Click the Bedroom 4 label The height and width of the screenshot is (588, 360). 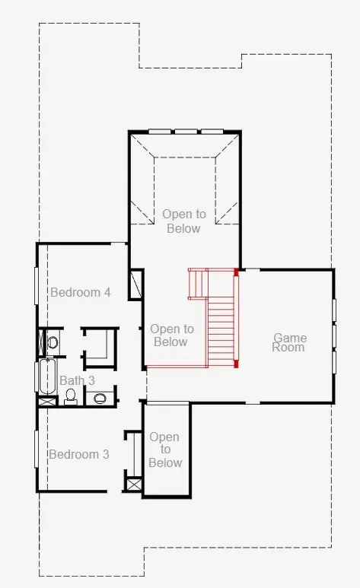coord(81,292)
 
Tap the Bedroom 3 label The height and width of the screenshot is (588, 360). coord(79,454)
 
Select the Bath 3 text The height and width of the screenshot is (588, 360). coord(77,380)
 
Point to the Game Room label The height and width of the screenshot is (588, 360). coord(289,342)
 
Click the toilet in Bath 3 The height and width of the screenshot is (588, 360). coord(71,397)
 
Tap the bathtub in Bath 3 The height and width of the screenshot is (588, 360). coord(48,376)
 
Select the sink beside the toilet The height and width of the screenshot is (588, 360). coord(100,398)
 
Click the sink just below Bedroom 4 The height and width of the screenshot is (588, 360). coord(53,342)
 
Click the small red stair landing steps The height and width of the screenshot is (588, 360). coord(198,284)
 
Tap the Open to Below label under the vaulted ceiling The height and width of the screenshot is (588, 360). coord(184,221)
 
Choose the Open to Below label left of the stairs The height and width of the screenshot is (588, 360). coord(171,335)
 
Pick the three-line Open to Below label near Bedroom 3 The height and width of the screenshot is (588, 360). coord(165,450)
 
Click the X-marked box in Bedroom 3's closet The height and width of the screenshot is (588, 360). coord(135,484)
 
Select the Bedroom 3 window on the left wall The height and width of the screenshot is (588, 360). coord(37,450)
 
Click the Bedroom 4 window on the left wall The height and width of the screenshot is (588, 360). coord(37,285)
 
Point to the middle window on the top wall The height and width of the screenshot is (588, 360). coord(186,132)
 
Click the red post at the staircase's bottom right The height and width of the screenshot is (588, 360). coord(236,364)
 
